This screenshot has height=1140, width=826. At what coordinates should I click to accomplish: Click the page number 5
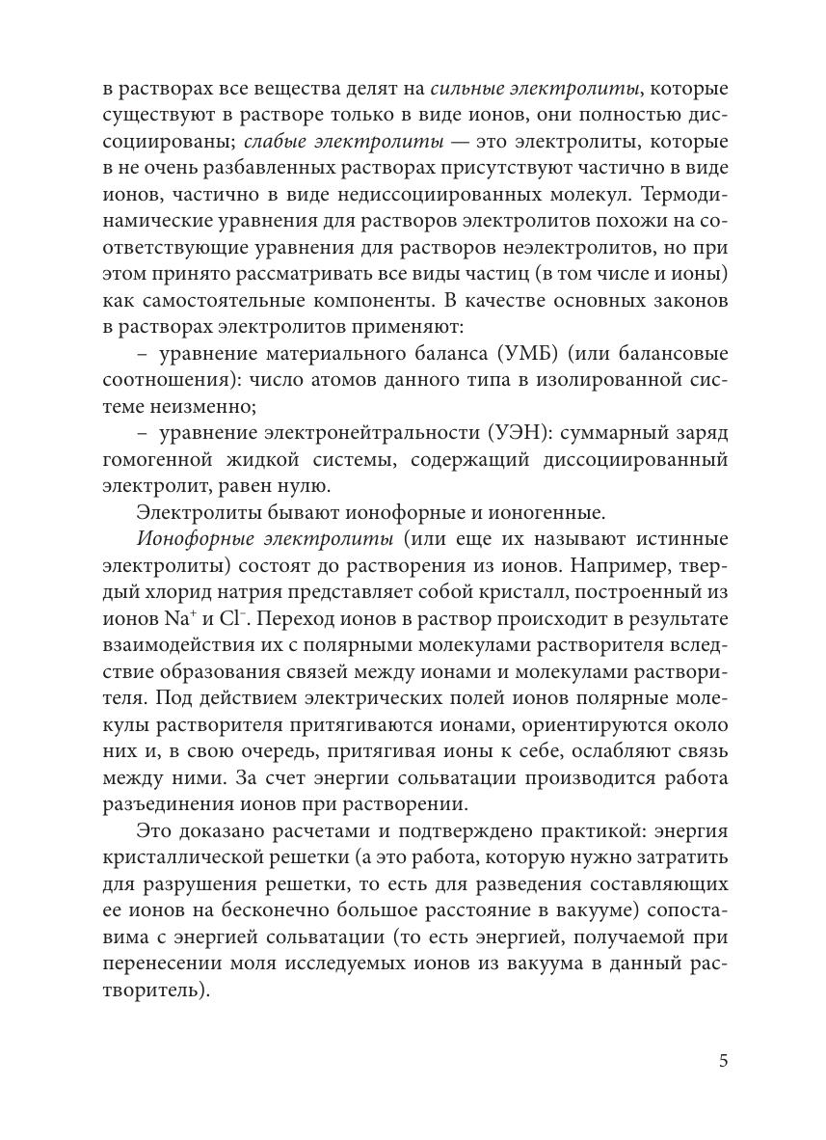(723, 1061)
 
